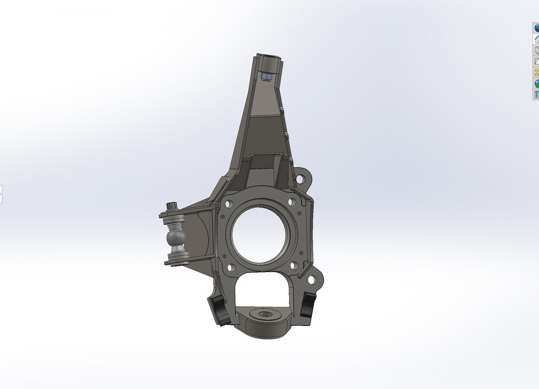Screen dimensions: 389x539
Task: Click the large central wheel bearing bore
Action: point(259,234)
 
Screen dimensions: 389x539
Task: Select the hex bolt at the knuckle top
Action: point(266,77)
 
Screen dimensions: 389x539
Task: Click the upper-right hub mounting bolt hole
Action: point(291,202)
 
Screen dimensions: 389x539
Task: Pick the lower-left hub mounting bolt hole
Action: point(230,268)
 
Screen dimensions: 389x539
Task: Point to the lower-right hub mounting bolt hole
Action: point(293,265)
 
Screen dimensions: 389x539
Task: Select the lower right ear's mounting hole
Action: point(312,280)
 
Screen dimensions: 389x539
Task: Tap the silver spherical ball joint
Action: point(176,238)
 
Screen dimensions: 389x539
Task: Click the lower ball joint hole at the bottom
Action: point(265,313)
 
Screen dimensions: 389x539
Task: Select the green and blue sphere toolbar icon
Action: point(536,84)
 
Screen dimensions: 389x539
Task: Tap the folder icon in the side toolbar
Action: point(536,61)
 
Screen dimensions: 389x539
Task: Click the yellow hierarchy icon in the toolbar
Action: point(536,72)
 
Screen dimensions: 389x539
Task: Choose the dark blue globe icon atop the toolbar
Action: point(536,28)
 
